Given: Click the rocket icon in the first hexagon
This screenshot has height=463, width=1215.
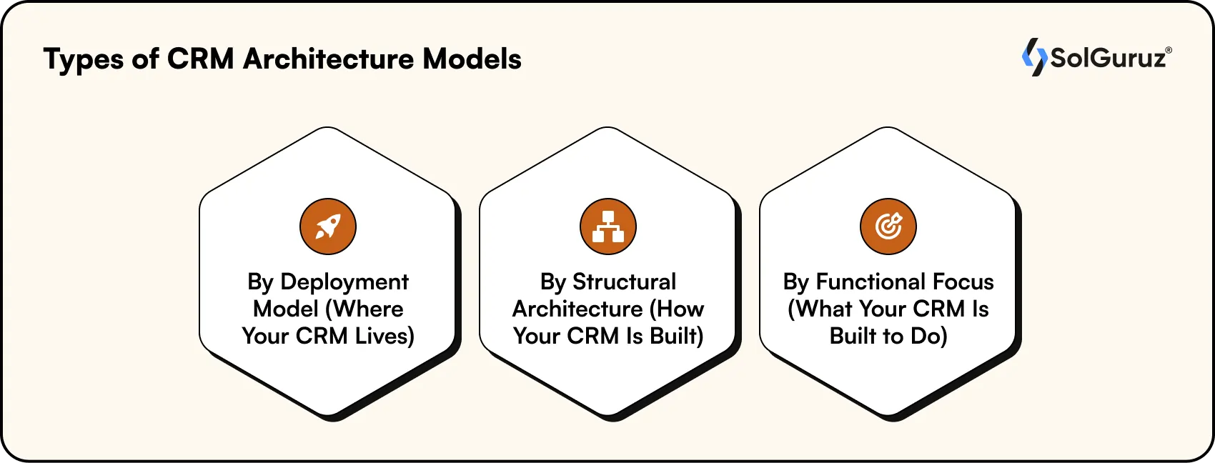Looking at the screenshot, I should click(328, 227).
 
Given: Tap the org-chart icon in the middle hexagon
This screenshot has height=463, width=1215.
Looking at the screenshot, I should click(608, 227).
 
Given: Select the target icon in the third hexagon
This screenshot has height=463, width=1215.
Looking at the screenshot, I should click(888, 227).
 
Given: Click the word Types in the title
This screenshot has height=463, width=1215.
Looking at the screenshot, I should click(83, 60).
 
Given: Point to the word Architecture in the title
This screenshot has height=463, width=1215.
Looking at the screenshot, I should click(328, 59).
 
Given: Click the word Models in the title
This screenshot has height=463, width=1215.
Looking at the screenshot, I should click(472, 59).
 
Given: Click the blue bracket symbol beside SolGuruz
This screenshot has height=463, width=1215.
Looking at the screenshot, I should click(1033, 57).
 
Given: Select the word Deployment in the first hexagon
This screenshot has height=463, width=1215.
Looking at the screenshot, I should click(344, 283).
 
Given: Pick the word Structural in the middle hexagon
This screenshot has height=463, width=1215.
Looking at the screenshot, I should click(624, 282).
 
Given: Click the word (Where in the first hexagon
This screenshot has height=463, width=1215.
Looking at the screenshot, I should click(364, 309).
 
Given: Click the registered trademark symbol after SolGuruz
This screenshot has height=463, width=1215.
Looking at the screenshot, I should click(1169, 51).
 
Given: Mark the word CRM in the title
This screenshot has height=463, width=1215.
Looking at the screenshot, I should click(200, 59).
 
